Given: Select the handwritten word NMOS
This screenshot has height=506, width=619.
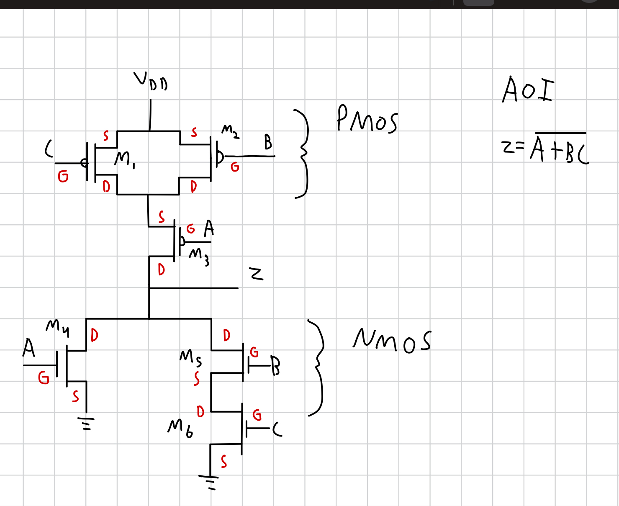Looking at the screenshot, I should (x=391, y=340).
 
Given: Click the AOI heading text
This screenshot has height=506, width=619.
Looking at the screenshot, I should (x=528, y=90).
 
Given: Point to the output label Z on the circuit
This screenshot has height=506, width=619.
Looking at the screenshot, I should (x=256, y=274).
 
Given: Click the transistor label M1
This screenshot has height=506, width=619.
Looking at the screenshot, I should (x=124, y=159).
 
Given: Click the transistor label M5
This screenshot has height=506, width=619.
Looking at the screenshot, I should (x=190, y=357).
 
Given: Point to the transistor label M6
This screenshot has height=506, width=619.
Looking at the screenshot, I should (x=180, y=428).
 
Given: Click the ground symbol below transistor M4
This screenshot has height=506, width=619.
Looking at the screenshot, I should (x=87, y=423).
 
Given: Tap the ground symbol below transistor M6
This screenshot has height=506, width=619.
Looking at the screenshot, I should (x=209, y=482).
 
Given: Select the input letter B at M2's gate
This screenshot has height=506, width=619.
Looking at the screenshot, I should (x=268, y=143).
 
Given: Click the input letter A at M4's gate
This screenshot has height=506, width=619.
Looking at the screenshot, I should (x=28, y=348).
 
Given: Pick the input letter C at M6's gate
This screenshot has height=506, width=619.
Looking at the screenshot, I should (x=277, y=429).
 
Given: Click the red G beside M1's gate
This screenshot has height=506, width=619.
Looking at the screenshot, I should (x=63, y=177).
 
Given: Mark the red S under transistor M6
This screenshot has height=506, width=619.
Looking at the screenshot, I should (x=224, y=462).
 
